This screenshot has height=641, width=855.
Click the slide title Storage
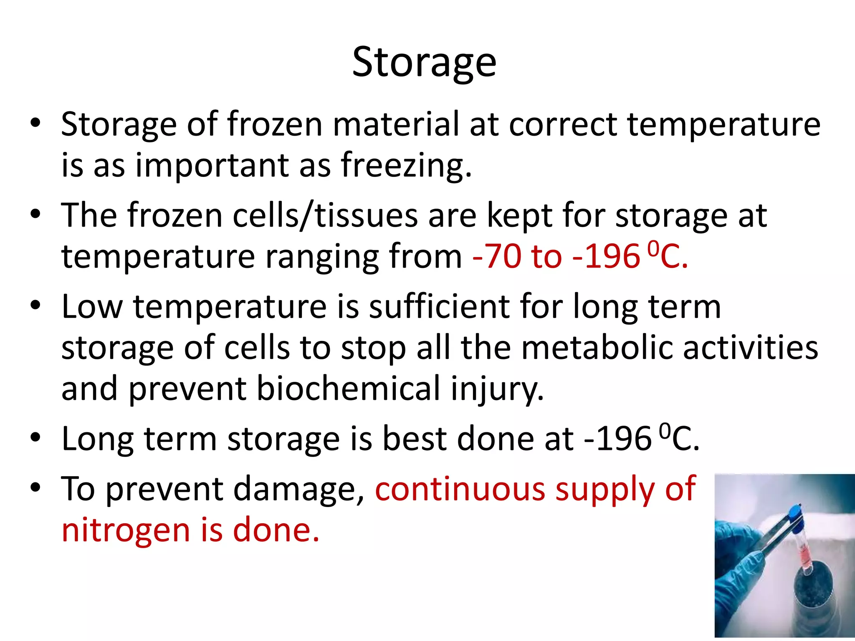(x=424, y=63)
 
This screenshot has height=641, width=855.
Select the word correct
(x=562, y=124)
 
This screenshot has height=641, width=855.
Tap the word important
(x=212, y=165)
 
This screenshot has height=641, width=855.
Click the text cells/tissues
(x=325, y=215)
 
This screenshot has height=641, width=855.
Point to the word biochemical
(x=348, y=389)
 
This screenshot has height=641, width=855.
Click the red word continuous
(x=460, y=488)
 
